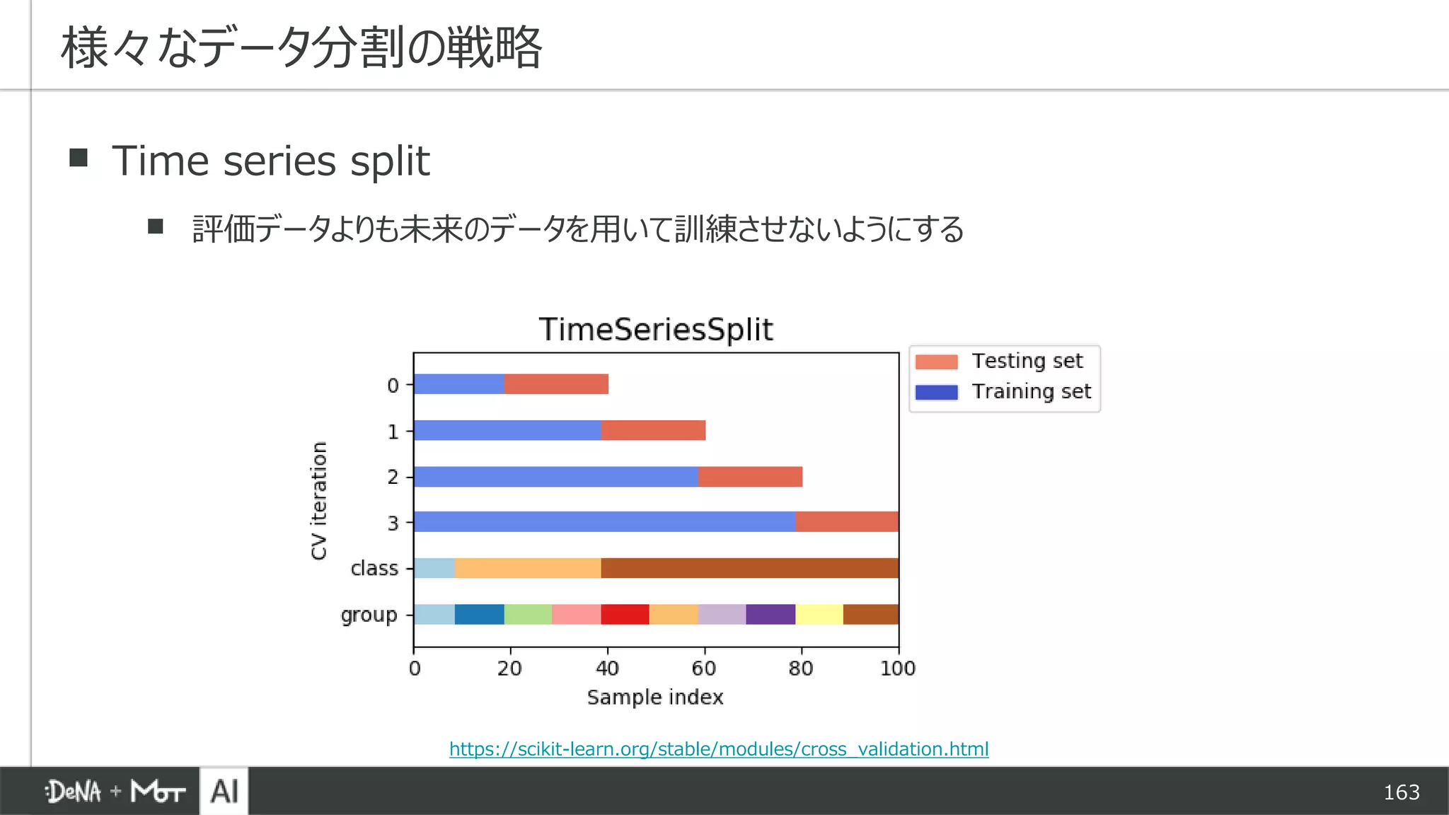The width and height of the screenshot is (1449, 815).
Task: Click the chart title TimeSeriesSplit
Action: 656,330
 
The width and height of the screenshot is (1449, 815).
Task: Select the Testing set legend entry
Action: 1004,362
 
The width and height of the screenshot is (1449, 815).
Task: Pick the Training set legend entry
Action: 1004,392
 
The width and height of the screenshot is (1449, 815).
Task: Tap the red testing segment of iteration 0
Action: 556,384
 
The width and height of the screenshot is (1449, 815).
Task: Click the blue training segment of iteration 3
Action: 604,522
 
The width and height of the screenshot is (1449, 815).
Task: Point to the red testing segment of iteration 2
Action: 750,477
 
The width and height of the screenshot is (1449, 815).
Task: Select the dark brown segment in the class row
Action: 750,568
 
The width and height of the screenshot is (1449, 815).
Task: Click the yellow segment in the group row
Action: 819,614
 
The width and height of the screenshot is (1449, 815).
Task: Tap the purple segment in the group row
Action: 770,614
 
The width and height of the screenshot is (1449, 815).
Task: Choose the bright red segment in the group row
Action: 625,614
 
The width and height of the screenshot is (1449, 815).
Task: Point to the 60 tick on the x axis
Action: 704,669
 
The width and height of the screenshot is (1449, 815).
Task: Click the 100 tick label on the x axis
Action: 897,669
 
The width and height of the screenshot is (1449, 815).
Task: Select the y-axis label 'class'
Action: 374,569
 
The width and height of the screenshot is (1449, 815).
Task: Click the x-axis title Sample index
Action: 655,698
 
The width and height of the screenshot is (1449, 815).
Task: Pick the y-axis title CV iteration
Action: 319,501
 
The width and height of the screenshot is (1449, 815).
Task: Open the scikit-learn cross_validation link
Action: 719,749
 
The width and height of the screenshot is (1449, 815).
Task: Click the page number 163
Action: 1401,792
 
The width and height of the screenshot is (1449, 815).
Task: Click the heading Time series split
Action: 270,161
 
